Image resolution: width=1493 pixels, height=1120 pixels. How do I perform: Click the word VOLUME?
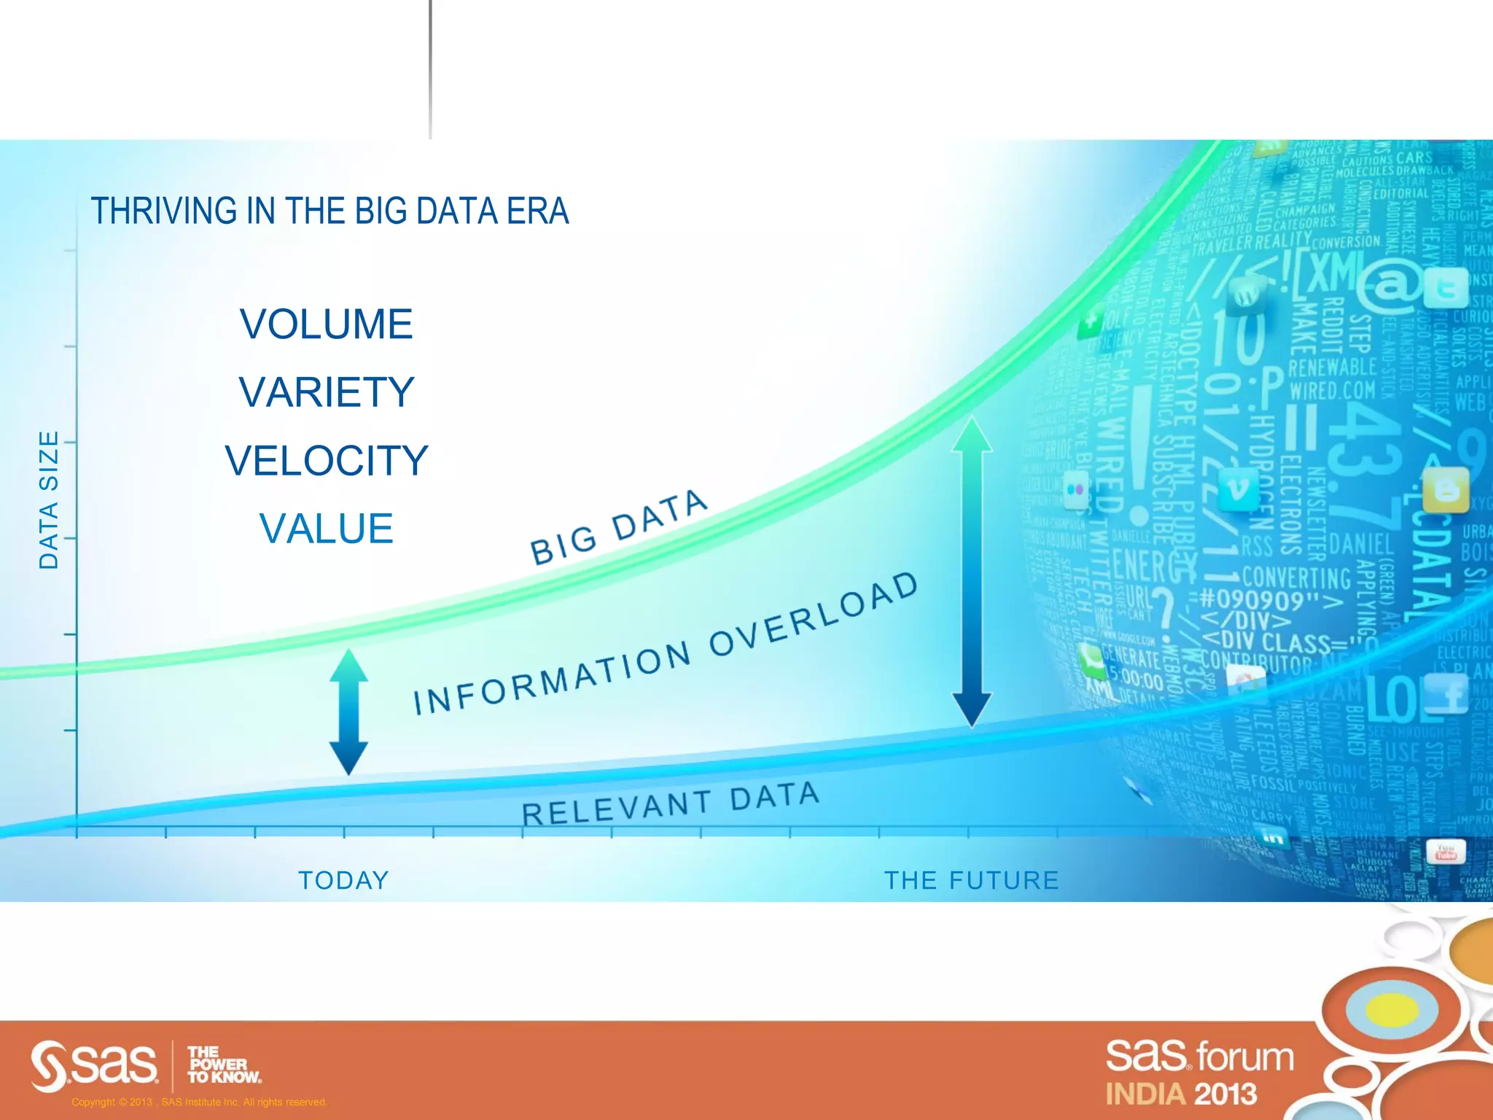pyautogui.click(x=327, y=324)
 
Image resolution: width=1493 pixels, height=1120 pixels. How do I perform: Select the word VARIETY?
pyautogui.click(x=327, y=392)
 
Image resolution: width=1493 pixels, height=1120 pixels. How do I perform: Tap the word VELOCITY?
pyautogui.click(x=327, y=461)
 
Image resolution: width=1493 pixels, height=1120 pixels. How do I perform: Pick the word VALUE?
pyautogui.click(x=327, y=529)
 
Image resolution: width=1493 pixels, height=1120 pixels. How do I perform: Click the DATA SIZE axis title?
pyautogui.click(x=48, y=499)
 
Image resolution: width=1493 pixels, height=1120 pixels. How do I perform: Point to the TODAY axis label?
pyautogui.click(x=343, y=880)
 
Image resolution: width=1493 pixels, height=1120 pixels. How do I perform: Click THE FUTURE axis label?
pyautogui.click(x=971, y=880)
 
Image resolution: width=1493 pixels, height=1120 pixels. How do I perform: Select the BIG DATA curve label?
pyautogui.click(x=618, y=526)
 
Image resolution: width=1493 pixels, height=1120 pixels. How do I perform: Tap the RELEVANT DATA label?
pyautogui.click(x=671, y=804)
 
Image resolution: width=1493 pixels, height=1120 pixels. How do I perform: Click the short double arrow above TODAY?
pyautogui.click(x=348, y=712)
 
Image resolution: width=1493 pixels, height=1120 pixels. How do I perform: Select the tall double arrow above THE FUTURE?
pyautogui.click(x=972, y=572)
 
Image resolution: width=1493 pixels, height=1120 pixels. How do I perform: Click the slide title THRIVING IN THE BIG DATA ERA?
pyautogui.click(x=330, y=211)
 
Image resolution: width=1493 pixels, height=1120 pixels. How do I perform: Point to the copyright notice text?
pyautogui.click(x=199, y=1102)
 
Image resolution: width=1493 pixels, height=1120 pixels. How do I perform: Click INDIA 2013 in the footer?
pyautogui.click(x=1181, y=1094)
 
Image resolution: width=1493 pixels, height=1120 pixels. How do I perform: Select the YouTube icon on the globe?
pyautogui.click(x=1445, y=852)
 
